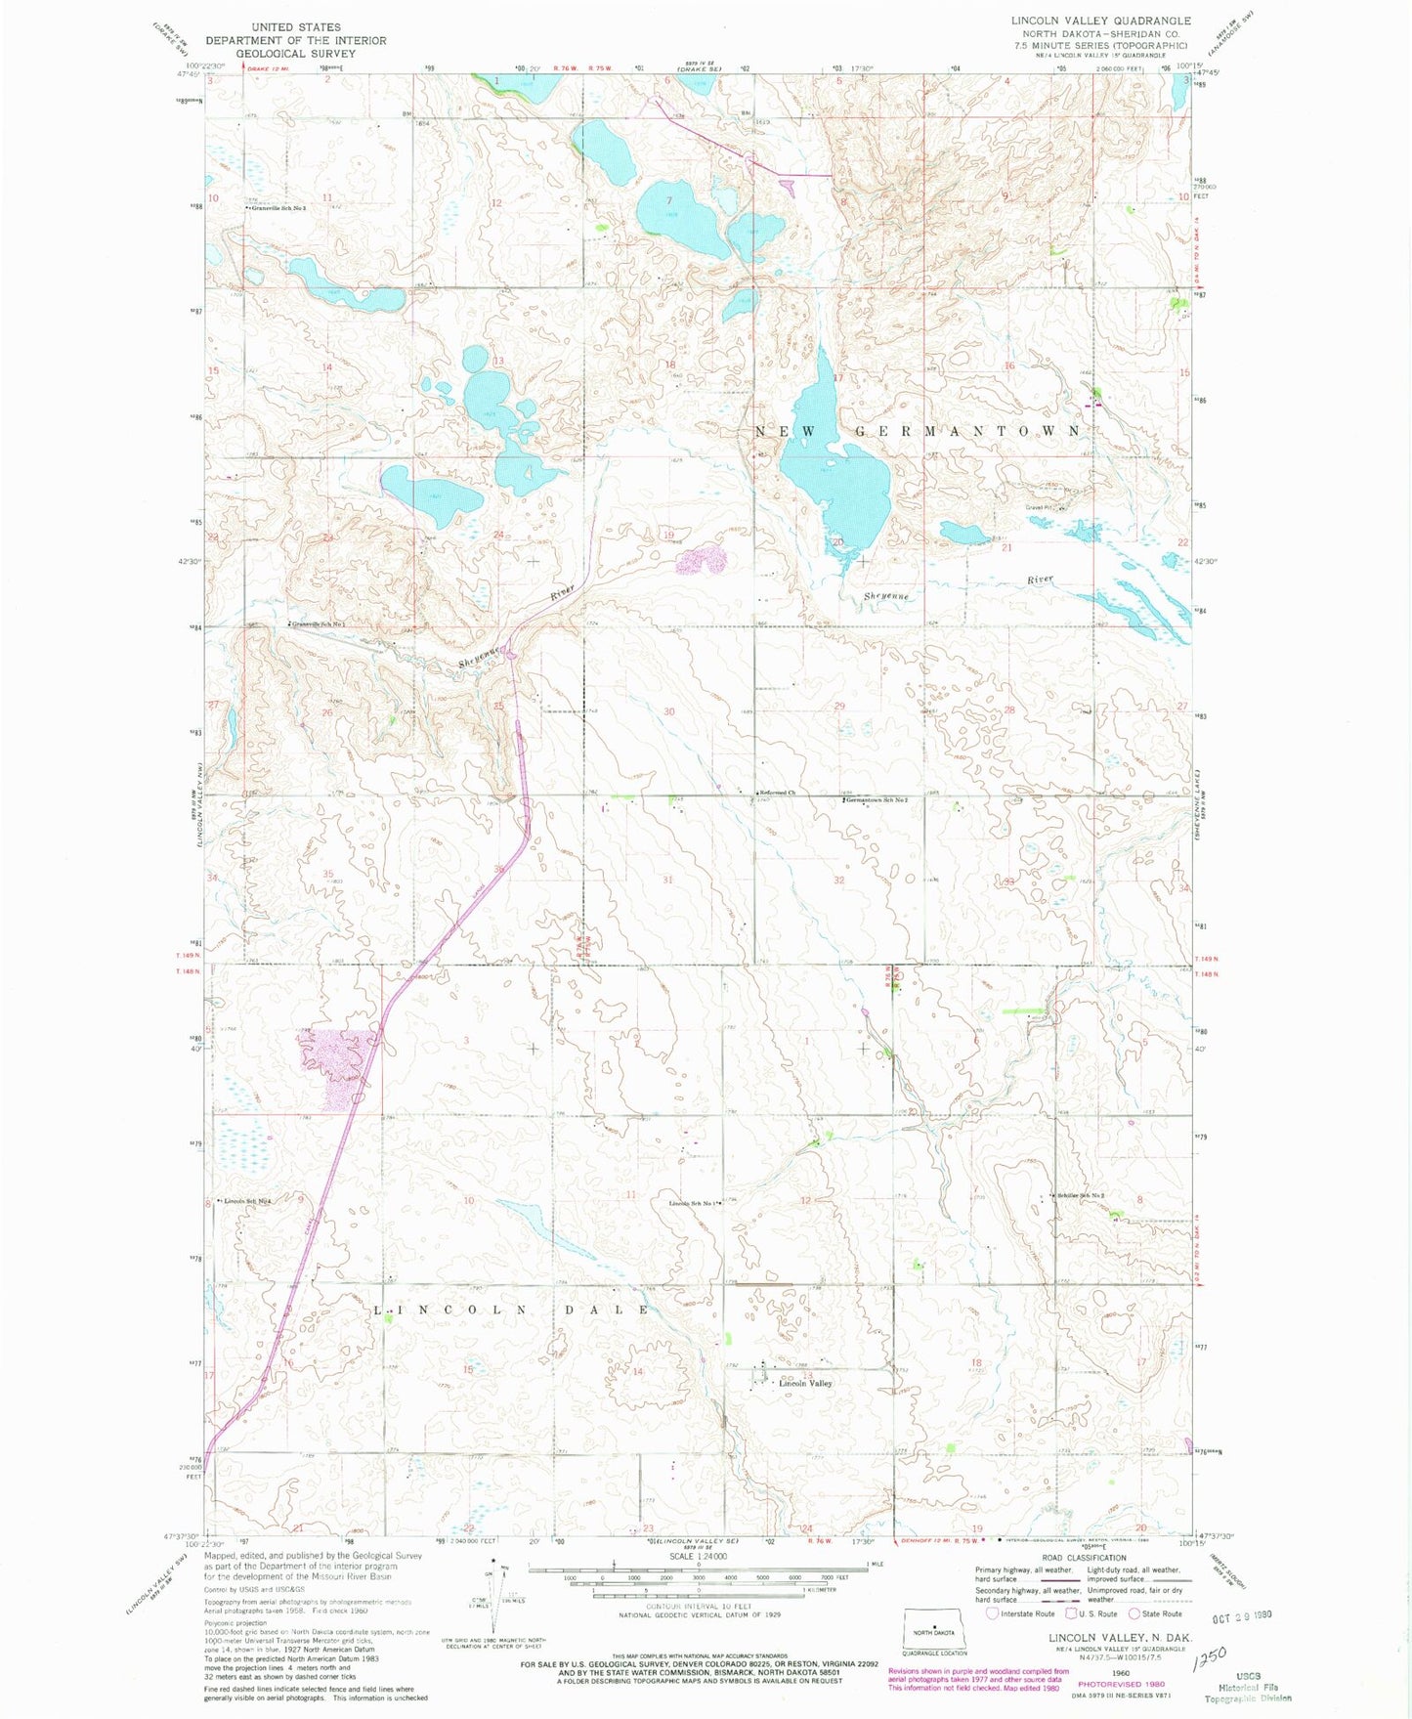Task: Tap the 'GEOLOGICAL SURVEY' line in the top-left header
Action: [x=296, y=54]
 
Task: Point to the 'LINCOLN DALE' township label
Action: [x=512, y=1309]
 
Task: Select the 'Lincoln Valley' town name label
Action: [x=804, y=1383]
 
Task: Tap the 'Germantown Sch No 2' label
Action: [x=877, y=800]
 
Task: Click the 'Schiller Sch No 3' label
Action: [x=1083, y=1195]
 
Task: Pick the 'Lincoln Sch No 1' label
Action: [x=694, y=1203]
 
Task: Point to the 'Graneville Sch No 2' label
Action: [x=279, y=208]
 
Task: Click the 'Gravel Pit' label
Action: [x=1040, y=507]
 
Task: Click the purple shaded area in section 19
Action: [x=702, y=560]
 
